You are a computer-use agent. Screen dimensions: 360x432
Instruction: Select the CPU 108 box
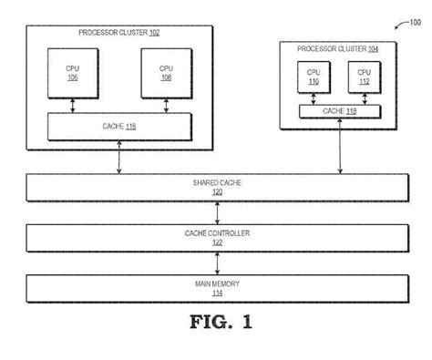pyautogui.click(x=166, y=74)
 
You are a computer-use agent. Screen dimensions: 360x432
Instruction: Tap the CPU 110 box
pyautogui.click(x=313, y=76)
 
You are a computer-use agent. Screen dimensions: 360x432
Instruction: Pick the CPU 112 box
pyautogui.click(x=363, y=76)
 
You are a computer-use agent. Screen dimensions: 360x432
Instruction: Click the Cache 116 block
pyautogui.click(x=119, y=126)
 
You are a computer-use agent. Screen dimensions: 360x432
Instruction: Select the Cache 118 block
pyautogui.click(x=339, y=111)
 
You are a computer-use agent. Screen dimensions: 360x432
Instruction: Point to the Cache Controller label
pyautogui.click(x=217, y=233)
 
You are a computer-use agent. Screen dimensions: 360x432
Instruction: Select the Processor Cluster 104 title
pyautogui.click(x=338, y=47)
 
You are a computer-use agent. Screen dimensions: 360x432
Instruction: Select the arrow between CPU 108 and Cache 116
pyautogui.click(x=166, y=106)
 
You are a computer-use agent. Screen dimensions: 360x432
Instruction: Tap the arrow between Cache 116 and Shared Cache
pyautogui.click(x=119, y=157)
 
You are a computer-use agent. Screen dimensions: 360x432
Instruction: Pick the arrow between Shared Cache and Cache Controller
pyautogui.click(x=217, y=212)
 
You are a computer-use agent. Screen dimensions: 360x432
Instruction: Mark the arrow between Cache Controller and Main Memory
pyautogui.click(x=217, y=263)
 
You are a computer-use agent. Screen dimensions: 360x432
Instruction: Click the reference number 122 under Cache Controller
pyautogui.click(x=217, y=242)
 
